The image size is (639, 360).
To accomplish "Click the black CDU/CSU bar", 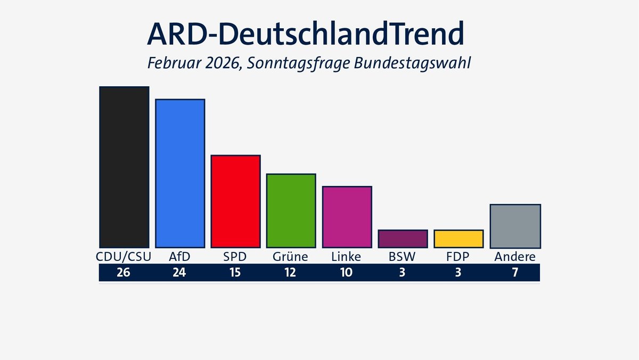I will (x=124, y=167).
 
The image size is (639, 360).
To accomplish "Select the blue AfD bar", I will (x=180, y=174).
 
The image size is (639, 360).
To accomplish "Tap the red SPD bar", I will (x=235, y=201).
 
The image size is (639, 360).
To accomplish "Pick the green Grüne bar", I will (x=291, y=211).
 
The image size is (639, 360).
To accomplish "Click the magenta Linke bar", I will (x=347, y=217).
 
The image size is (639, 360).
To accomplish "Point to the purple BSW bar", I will (x=403, y=239).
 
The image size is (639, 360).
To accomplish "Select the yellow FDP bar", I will (x=458, y=239).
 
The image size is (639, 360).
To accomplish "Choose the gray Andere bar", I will (x=515, y=226).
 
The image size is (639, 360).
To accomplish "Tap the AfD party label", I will (x=180, y=257).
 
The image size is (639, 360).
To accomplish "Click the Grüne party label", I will (x=291, y=257).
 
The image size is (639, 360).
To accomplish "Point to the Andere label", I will (x=515, y=257).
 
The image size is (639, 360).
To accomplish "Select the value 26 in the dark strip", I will (x=124, y=273).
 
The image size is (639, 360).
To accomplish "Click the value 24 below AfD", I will (x=180, y=273).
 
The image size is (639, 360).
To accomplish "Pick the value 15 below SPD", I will (x=235, y=273).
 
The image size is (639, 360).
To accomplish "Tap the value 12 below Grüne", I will (x=291, y=273).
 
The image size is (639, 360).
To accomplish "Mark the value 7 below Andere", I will (x=515, y=273).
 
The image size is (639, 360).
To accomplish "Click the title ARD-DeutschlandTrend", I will (x=305, y=34).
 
